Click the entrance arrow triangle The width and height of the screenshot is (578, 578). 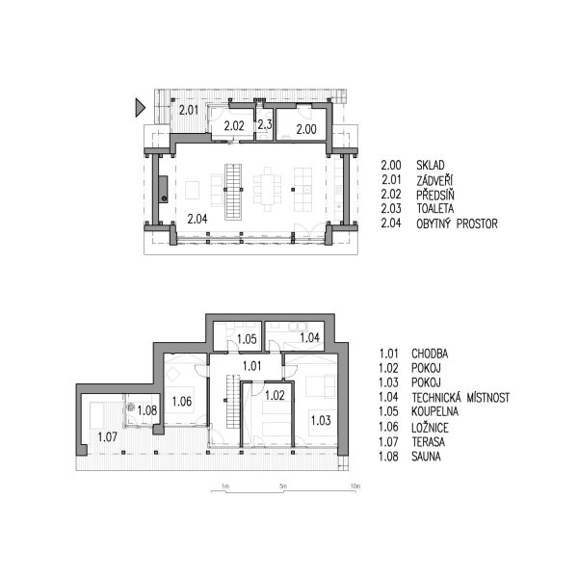point(140,108)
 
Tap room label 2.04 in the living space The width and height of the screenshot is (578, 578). point(197,219)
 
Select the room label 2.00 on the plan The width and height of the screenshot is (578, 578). point(306,129)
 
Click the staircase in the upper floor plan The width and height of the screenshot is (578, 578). point(233,192)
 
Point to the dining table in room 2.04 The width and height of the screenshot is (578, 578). point(267,190)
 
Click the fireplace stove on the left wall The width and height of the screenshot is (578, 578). point(164,190)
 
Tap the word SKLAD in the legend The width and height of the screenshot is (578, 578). point(431,165)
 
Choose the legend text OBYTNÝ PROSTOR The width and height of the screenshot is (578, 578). point(457,223)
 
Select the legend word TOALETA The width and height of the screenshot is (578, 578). point(435,209)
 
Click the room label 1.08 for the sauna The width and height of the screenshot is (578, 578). point(147,410)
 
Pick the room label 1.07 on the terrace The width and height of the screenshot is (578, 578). point(107,437)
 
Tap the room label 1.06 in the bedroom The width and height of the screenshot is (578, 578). point(182,402)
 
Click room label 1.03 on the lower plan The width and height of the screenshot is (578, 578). point(321,421)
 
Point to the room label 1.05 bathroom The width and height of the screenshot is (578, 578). point(247,339)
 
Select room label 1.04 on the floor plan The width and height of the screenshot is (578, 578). point(309,338)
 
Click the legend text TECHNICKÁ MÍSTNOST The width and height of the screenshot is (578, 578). point(460,397)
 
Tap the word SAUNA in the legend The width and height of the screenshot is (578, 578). point(426,457)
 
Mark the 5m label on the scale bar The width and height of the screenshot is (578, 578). point(283,486)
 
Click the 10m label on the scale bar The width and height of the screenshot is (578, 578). point(355,486)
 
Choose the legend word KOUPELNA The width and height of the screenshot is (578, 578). point(435,411)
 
